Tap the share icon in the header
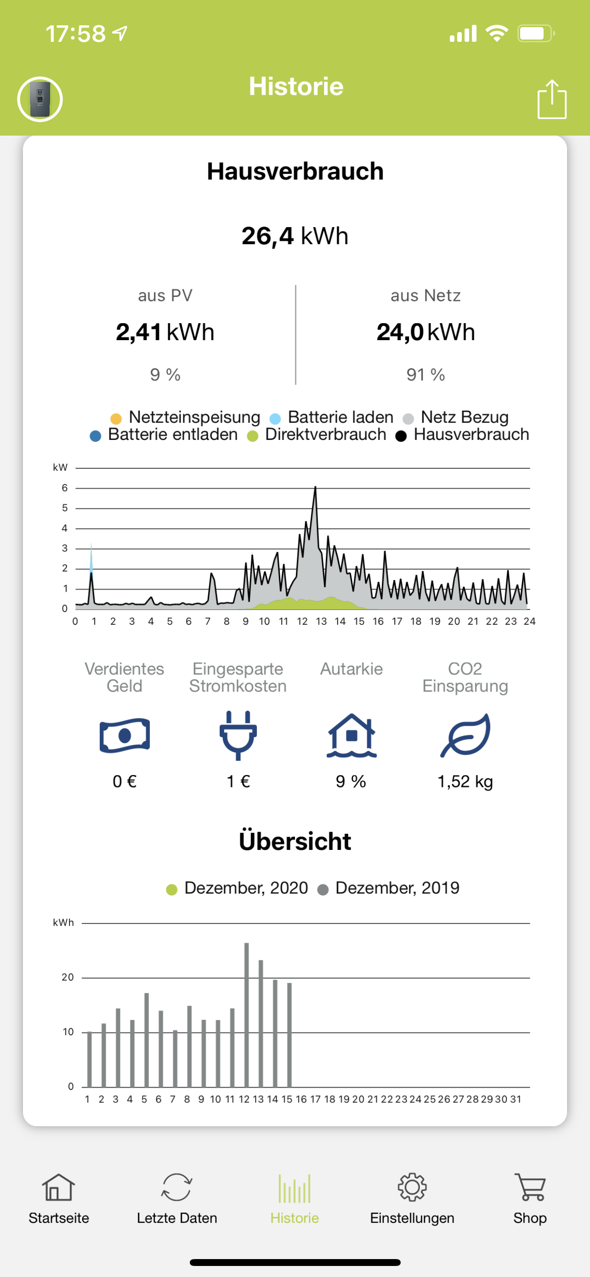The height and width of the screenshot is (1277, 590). tap(552, 99)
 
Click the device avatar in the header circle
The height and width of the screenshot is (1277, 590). tap(40, 99)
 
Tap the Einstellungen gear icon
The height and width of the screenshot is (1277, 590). tap(412, 1188)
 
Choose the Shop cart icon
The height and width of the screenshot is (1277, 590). tap(529, 1188)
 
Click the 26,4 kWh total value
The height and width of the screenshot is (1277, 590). tap(295, 236)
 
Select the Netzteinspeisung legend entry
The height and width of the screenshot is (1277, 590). tap(186, 417)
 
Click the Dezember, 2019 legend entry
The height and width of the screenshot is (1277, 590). tap(389, 888)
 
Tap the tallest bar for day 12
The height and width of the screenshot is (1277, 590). tap(247, 1014)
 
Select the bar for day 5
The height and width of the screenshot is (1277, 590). tap(147, 1039)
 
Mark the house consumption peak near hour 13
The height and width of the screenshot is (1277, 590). tap(315, 489)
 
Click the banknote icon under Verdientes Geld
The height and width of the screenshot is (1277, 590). tap(125, 735)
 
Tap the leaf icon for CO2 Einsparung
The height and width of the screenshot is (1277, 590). tap(465, 735)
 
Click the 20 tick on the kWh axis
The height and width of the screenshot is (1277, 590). tap(68, 977)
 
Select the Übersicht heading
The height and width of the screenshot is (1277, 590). tap(295, 841)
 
